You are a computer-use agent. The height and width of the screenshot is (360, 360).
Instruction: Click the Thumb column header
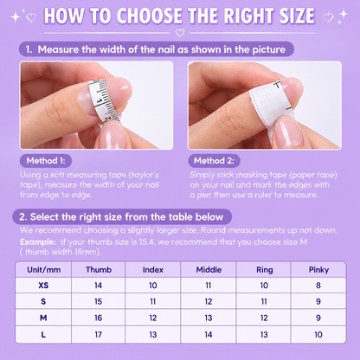[x=99, y=270]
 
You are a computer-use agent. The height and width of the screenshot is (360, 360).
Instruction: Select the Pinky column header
[x=318, y=270]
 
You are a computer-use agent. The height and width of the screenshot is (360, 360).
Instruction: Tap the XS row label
[x=43, y=286]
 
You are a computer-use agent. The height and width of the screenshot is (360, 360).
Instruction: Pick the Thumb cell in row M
[x=99, y=318]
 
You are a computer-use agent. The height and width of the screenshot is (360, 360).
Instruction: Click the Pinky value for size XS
[x=318, y=286]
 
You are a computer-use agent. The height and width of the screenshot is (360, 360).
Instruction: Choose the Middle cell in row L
[x=209, y=335]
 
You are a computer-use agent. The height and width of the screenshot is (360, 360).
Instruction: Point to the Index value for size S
[x=153, y=301]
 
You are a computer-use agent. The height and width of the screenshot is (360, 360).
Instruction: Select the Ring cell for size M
[x=264, y=318]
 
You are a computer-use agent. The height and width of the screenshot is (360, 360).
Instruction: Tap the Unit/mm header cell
[x=44, y=270]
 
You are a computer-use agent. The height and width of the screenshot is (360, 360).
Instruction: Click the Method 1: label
[x=46, y=161]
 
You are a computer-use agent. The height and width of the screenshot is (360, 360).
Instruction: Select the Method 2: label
[x=214, y=161]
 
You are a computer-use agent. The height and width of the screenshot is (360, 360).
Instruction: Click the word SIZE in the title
[x=297, y=16]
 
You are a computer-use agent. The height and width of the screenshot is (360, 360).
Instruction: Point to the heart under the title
[x=180, y=33]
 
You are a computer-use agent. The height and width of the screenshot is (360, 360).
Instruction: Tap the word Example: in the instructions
[x=38, y=241]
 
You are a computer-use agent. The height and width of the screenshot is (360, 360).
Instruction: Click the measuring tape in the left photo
[x=104, y=100]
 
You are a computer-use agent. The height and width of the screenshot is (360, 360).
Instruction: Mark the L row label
[x=43, y=335]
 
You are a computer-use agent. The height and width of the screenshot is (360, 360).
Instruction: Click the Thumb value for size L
[x=99, y=335]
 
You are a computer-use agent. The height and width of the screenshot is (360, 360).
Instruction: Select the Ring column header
[x=265, y=270]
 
